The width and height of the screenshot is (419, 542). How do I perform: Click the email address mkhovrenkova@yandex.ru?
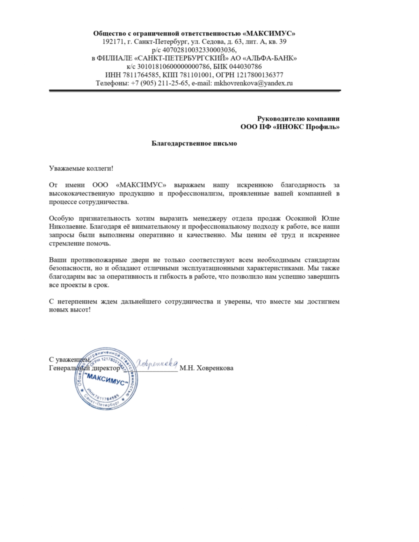pyautogui.click(x=253, y=83)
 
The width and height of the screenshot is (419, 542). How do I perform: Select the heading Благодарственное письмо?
pyautogui.click(x=194, y=143)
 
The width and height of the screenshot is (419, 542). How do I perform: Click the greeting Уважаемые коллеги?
pyautogui.click(x=81, y=168)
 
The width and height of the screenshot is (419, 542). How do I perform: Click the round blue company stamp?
pyautogui.click(x=106, y=378)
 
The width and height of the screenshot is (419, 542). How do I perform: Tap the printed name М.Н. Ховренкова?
pyautogui.click(x=206, y=368)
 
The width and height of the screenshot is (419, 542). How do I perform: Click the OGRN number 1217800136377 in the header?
pyautogui.click(x=260, y=75)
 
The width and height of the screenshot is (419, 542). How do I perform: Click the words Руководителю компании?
pyautogui.click(x=298, y=119)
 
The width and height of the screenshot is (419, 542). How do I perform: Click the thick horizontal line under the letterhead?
pyautogui.click(x=195, y=91)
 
